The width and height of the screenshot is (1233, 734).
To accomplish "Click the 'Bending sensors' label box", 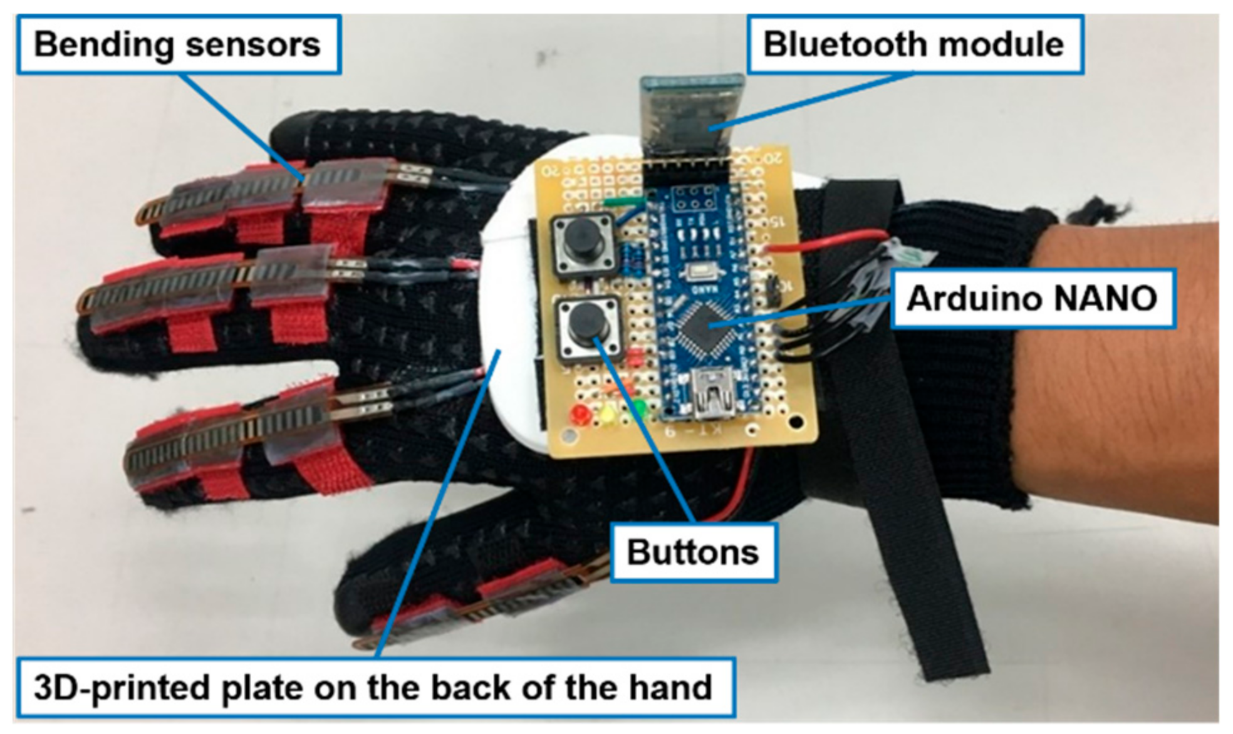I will (178, 44).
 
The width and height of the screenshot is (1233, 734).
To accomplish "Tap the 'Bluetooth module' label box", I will (913, 44).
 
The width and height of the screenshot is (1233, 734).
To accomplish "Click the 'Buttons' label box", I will (693, 552).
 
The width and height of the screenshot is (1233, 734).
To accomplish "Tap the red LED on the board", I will (580, 414).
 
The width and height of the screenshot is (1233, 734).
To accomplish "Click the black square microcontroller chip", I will (704, 324).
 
